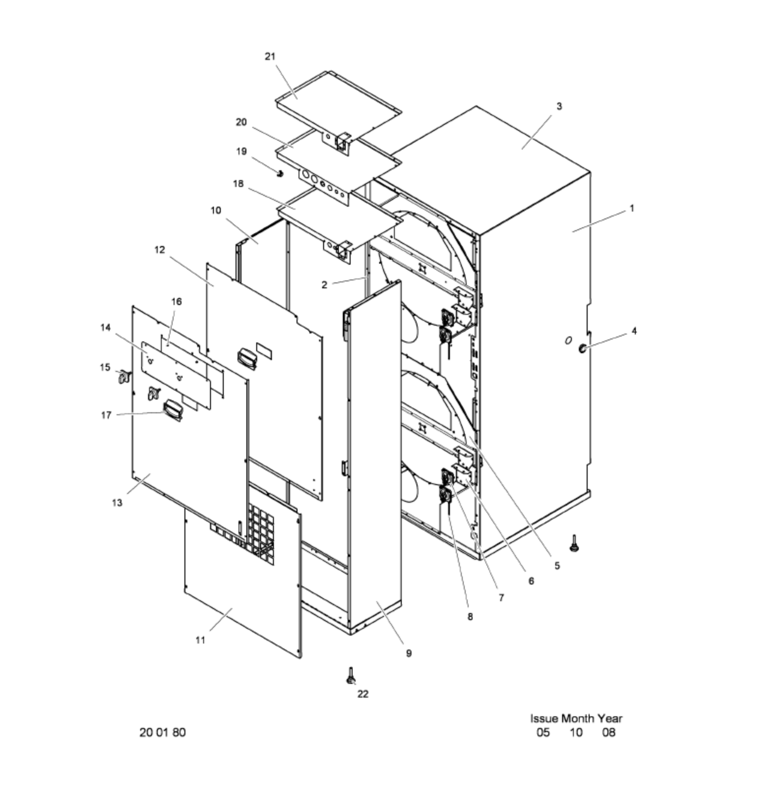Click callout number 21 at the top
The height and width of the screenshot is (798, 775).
(x=270, y=57)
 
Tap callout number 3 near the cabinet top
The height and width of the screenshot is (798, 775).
(x=559, y=106)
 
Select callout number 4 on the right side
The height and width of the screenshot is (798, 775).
(x=634, y=331)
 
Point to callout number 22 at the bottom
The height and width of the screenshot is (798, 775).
(x=363, y=694)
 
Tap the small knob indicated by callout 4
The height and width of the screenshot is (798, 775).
(x=582, y=348)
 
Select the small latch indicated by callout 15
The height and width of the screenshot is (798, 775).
(x=124, y=377)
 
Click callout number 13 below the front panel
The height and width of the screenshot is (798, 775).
(x=117, y=503)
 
